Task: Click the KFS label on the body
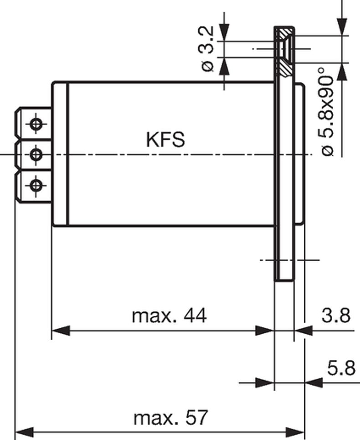pos(166,140)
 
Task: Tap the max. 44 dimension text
pos(170,316)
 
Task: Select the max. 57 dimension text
pos(170,418)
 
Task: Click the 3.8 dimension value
pos(336,315)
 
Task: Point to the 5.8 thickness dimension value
pos(341,368)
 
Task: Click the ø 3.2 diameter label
pos(206,49)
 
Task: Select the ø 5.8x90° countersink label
pos(327,111)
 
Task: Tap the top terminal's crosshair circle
pos(36,124)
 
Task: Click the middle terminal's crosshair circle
pos(36,154)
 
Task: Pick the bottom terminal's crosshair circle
pos(36,185)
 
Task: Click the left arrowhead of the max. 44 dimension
pos(61,331)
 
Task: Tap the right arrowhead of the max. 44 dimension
pos(265,331)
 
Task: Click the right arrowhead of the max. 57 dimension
pos(295,432)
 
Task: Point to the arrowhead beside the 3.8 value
pos(303,331)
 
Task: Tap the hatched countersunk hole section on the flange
pos(285,52)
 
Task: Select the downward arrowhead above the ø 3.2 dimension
pos(224,32)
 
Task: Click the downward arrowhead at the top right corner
pos(342,27)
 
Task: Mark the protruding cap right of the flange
pos(299,154)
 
